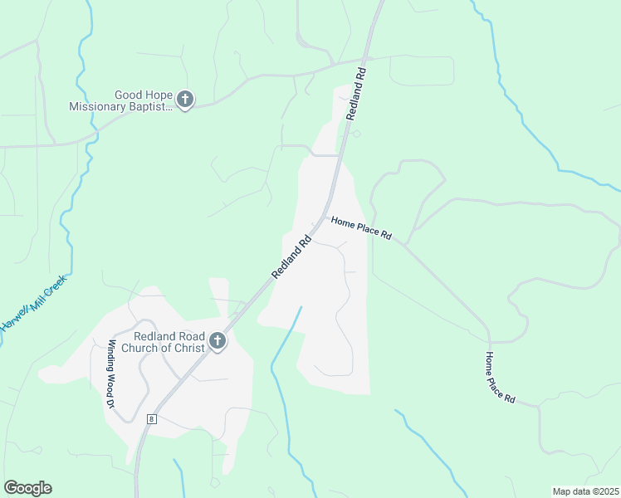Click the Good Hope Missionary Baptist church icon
[x=184, y=100]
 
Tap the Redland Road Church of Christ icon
[x=217, y=341]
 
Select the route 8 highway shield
[x=150, y=419]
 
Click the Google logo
[x=27, y=488]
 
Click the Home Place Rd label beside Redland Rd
[x=361, y=227]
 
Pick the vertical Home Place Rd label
[x=500, y=378]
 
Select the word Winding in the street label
[x=108, y=353]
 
